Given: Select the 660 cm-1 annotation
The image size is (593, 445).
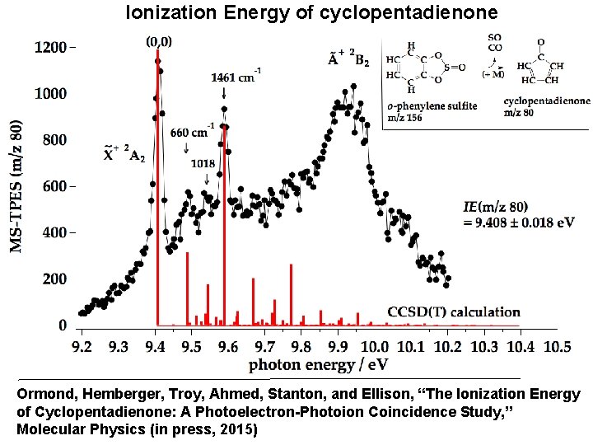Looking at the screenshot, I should [193, 132].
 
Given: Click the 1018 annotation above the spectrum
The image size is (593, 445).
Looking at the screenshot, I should [203, 163].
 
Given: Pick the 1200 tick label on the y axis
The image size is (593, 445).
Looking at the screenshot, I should [50, 48].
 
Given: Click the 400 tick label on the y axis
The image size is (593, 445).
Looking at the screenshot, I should [54, 233].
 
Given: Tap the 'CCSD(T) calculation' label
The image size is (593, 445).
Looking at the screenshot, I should [454, 312].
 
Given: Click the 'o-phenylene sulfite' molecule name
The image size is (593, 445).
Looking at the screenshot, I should [432, 107].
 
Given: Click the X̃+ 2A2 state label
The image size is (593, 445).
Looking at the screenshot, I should [124, 153].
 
